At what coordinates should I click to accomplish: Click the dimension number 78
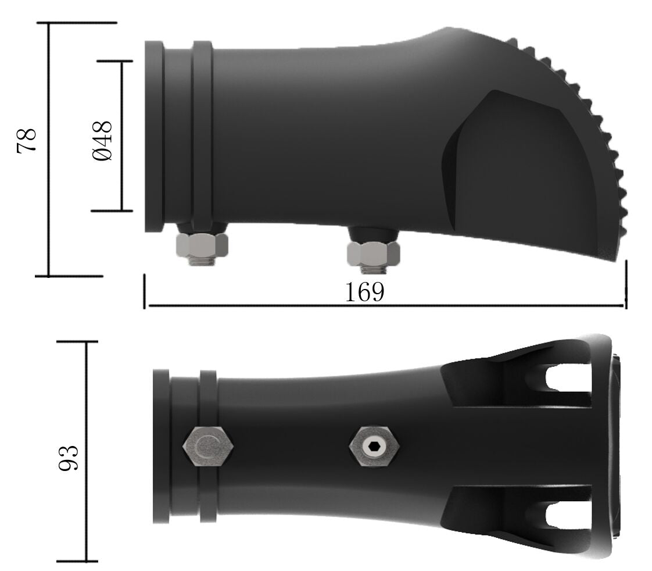(x=27, y=140)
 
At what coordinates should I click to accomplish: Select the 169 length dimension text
(x=364, y=292)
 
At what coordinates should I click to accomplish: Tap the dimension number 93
(x=69, y=458)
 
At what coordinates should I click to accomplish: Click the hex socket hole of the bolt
(x=374, y=447)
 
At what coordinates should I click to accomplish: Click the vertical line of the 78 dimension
(x=48, y=174)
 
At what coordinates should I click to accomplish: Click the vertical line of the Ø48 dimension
(x=121, y=174)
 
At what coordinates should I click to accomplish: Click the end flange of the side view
(x=153, y=137)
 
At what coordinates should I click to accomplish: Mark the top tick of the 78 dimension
(x=76, y=23)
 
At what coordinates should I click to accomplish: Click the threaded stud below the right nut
(x=371, y=269)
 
